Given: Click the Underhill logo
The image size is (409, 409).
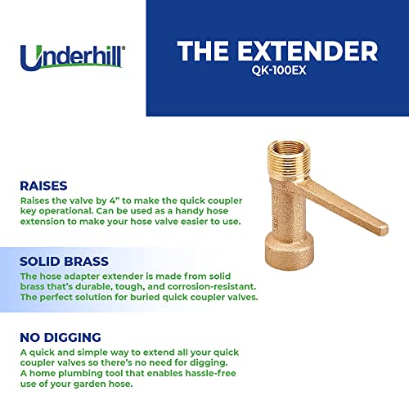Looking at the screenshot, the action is [73, 57].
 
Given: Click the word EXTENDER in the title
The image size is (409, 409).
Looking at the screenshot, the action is [308, 51].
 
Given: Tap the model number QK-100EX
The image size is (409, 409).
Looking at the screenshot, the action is [279, 70].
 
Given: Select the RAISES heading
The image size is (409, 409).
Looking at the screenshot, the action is [43, 186].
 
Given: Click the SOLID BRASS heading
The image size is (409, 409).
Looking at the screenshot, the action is [65, 262].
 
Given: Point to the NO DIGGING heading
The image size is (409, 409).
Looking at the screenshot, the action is [61, 337].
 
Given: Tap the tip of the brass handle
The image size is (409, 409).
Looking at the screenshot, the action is [384, 230].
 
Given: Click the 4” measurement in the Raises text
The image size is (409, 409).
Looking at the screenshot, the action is [115, 200].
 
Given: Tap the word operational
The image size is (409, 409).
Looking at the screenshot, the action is [66, 211].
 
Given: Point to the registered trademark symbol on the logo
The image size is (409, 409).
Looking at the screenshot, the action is [124, 48].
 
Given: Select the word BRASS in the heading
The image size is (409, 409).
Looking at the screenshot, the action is [86, 262].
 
